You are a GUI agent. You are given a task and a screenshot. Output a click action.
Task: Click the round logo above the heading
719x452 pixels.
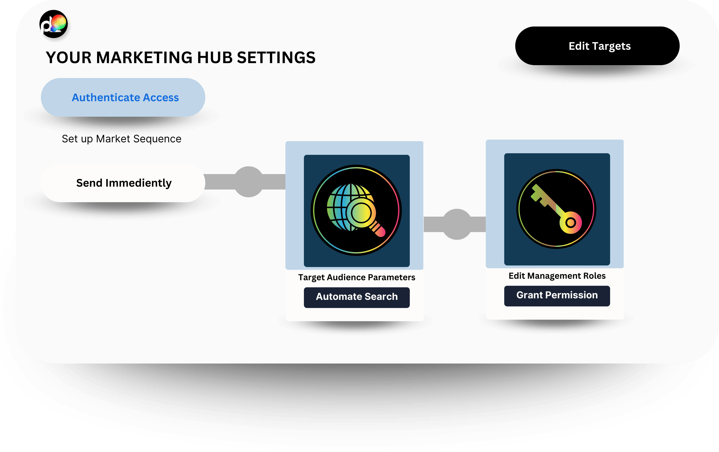[x=54, y=24]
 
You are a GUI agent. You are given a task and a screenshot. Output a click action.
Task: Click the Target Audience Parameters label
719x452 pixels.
[x=357, y=278]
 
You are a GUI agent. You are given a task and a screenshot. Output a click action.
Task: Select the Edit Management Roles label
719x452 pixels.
[x=557, y=276]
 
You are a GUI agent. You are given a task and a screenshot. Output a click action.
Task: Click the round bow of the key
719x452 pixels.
[x=571, y=223]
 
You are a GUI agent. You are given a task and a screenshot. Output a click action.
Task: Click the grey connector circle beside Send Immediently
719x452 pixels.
[x=249, y=182]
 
